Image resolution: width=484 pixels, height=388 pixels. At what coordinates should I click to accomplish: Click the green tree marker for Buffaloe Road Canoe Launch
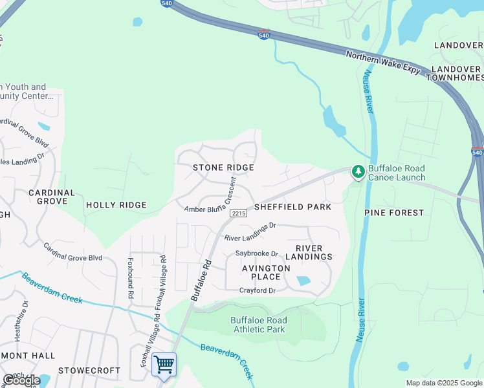pyautogui.click(x=357, y=171)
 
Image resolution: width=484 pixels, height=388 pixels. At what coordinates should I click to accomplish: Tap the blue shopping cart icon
pyautogui.click(x=164, y=365)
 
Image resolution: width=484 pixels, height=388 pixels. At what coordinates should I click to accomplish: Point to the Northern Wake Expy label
pyautogui.click(x=382, y=65)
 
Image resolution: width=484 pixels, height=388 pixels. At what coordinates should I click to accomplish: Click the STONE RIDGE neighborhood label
pyautogui.click(x=223, y=167)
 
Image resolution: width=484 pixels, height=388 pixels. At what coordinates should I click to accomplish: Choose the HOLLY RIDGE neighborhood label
pyautogui.click(x=116, y=205)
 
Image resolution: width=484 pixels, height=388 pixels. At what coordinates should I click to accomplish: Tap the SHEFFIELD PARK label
pyautogui.click(x=292, y=207)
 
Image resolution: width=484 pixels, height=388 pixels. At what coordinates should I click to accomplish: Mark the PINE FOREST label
pyautogui.click(x=394, y=212)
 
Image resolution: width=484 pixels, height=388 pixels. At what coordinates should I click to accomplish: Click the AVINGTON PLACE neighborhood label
pyautogui.click(x=266, y=272)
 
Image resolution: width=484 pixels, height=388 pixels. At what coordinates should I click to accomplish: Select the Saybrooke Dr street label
pyautogui.click(x=257, y=253)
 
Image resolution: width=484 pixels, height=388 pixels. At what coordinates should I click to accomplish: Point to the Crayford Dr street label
pyautogui.click(x=258, y=290)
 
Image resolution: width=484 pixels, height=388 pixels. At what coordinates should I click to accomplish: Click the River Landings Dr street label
pyautogui.click(x=250, y=232)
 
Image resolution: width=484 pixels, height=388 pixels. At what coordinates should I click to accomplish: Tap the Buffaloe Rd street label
pyautogui.click(x=201, y=279)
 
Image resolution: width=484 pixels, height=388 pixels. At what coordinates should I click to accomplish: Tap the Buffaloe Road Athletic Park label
pyautogui.click(x=258, y=325)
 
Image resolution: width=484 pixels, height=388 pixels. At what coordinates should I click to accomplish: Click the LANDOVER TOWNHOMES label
pyautogui.click(x=456, y=73)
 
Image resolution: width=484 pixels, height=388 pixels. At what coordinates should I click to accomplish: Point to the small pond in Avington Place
pyautogui.click(x=302, y=281)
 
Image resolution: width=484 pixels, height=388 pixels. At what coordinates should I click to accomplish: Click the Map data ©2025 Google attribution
pyautogui.click(x=444, y=383)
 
